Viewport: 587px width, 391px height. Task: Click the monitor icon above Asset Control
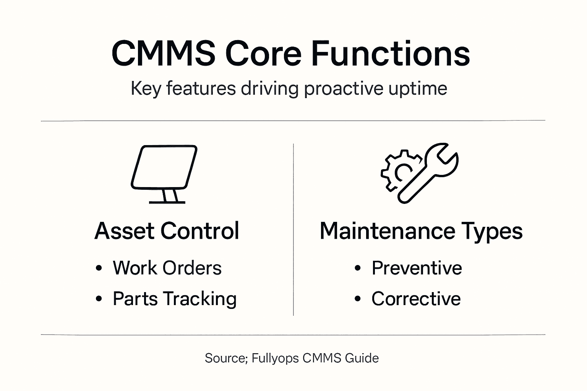[x=164, y=174]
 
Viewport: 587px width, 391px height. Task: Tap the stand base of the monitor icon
[x=167, y=202]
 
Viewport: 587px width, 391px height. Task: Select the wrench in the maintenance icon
[x=428, y=173]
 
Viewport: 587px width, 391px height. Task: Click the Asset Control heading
[x=167, y=231]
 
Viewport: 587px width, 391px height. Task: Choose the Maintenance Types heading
[x=421, y=231]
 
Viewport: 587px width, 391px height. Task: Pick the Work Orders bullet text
[x=167, y=268]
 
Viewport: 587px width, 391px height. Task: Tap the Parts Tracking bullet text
[x=175, y=299]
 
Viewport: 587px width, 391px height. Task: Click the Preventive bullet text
[x=417, y=268]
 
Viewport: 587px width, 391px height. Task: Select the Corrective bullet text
[x=416, y=299]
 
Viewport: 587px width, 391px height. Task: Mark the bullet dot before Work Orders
[x=99, y=268]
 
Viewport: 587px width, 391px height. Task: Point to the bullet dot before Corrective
[x=357, y=299]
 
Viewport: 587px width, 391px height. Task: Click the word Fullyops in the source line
[x=275, y=359]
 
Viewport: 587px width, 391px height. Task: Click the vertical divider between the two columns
[x=293, y=229]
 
